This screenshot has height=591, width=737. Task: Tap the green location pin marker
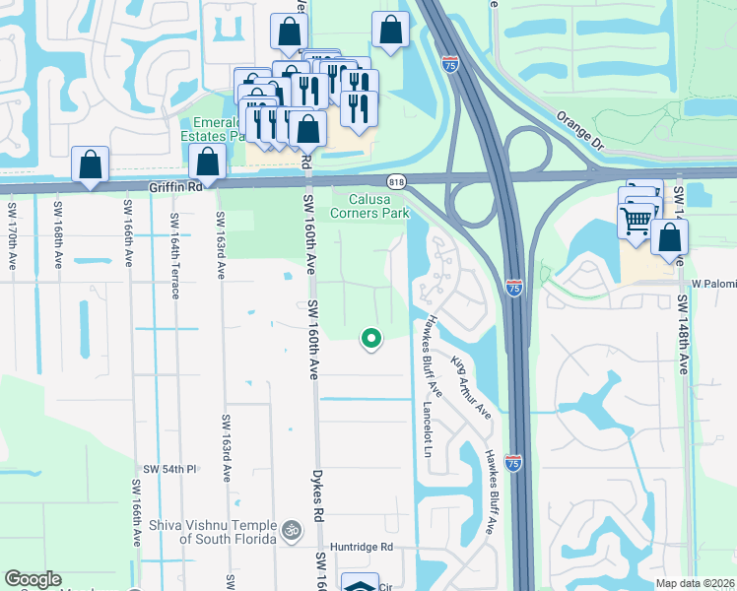[x=371, y=338]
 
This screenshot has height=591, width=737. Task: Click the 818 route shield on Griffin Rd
[x=397, y=182]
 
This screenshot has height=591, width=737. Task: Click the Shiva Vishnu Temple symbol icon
[x=290, y=530]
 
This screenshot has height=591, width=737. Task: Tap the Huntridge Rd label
[x=362, y=547]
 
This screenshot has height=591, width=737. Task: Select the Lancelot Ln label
[x=428, y=427]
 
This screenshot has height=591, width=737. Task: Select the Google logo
[x=33, y=580]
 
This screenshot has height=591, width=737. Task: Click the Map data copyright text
[x=695, y=583]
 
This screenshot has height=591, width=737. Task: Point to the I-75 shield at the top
[x=449, y=64]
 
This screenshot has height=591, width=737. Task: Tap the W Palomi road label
[x=710, y=283]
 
